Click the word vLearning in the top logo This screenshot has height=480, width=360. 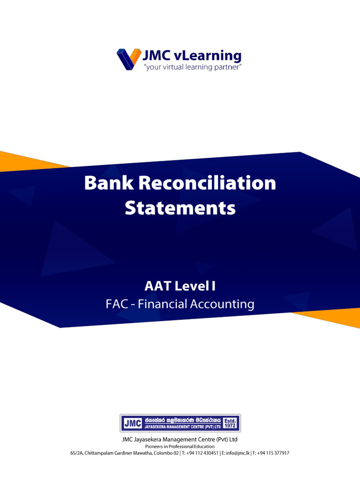[206, 56]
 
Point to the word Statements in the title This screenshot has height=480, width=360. [180, 208]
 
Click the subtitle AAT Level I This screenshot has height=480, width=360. [180, 285]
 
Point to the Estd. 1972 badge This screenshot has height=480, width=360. [230, 423]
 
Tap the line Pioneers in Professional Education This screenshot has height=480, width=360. [180, 447]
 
